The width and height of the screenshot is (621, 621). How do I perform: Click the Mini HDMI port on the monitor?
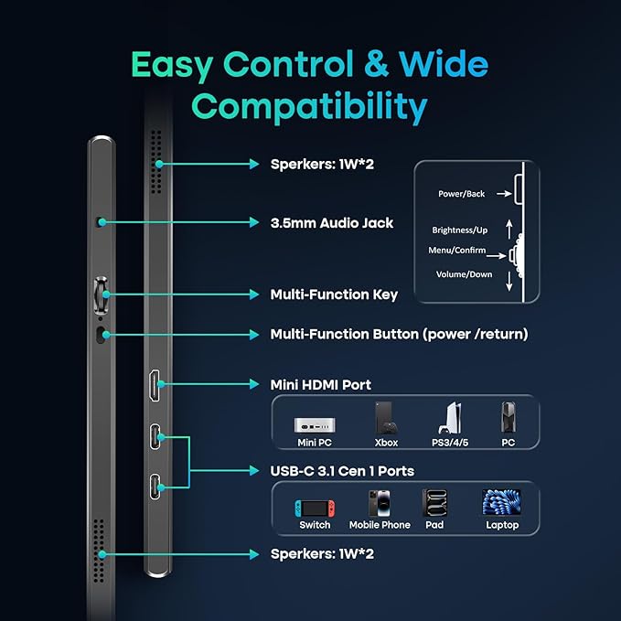155,385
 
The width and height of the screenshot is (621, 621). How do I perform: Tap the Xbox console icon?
386,418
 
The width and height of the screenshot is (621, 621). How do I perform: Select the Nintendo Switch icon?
315,509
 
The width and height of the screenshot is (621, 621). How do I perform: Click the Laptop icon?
501,502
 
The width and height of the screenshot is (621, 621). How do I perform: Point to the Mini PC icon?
315,425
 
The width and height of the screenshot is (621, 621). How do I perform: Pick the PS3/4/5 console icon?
450,418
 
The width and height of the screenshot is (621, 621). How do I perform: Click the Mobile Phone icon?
380,503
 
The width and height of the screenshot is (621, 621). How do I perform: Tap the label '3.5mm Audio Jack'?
332,223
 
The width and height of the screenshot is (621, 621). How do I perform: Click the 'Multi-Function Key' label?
334,294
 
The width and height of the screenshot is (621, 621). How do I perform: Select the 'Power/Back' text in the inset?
461,194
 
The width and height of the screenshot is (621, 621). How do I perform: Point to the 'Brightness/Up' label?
460,230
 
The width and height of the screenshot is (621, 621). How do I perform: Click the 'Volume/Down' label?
465,274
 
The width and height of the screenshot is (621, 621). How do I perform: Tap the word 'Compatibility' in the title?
309,106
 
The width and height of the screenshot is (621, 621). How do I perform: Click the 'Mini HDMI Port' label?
321,385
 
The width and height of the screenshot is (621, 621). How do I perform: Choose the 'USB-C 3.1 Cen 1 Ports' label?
342,471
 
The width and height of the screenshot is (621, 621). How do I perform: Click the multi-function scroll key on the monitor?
101,294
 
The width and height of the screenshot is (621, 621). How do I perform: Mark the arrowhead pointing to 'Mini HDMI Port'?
254,384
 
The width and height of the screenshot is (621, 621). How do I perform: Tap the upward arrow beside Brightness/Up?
509,230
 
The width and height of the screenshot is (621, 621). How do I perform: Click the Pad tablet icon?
434,503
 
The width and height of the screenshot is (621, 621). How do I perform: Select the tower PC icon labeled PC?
509,417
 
